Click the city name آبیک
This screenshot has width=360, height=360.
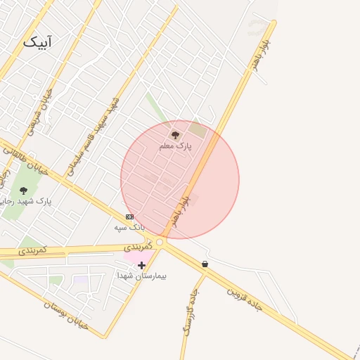coord(37,41)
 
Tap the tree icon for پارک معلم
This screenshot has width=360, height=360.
coord(175,134)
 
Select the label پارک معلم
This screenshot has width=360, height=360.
coord(175,146)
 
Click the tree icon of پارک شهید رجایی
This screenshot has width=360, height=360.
coord(23,191)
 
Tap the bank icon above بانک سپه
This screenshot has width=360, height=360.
coord(129,217)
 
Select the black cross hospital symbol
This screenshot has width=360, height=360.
coord(142,265)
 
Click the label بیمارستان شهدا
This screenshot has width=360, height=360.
coord(142,276)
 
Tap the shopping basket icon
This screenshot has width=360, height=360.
coord(205,264)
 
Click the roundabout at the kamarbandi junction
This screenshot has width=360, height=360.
coord(160,243)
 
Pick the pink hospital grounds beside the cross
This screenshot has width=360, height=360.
coord(131,256)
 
